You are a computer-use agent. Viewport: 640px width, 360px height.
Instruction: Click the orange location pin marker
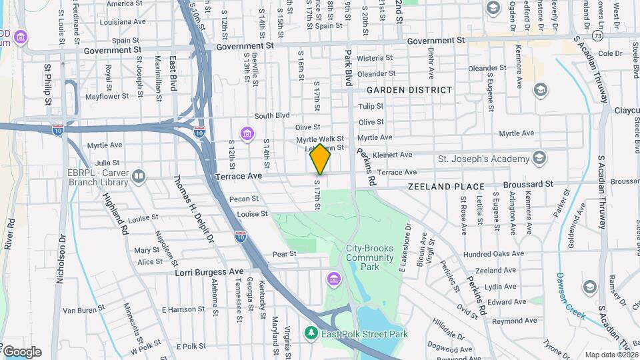[321, 159]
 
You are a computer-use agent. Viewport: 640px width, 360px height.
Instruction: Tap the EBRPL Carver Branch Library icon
[139, 176]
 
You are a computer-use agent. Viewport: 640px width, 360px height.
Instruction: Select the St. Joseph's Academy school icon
[539, 159]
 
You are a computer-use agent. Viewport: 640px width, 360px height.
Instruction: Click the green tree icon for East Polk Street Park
[310, 332]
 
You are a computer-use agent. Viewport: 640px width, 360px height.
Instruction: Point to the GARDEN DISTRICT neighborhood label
[409, 90]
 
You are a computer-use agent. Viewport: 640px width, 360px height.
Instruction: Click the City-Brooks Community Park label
[362, 257]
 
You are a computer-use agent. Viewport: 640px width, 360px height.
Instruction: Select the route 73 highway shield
[597, 35]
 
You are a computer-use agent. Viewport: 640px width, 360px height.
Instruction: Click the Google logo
[21, 351]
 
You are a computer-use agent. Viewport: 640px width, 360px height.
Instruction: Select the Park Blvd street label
[347, 67]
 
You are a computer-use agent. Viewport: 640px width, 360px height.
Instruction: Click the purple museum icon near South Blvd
[247, 135]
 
